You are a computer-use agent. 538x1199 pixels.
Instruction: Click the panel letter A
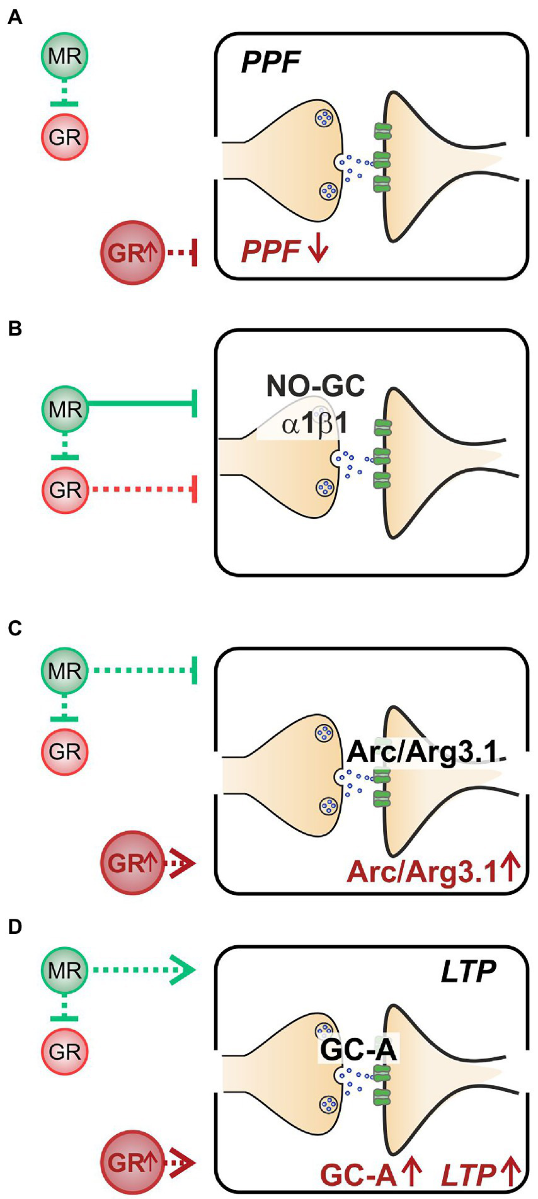pyautogui.click(x=14, y=18)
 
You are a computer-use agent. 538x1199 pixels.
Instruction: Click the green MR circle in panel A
pyautogui.click(x=65, y=57)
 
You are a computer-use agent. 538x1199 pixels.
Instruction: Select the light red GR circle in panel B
pyautogui.click(x=65, y=489)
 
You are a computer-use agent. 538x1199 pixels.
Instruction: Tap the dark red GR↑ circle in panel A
pyautogui.click(x=132, y=253)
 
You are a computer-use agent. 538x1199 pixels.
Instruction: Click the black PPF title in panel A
pyautogui.click(x=270, y=63)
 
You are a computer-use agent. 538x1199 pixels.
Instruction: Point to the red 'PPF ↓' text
pyautogui.click(x=284, y=251)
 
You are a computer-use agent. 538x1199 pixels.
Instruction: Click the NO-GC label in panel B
pyautogui.click(x=315, y=386)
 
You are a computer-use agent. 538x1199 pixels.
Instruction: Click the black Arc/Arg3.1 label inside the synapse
pyautogui.click(x=422, y=751)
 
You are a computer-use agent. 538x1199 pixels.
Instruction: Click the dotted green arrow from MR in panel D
pyautogui.click(x=142, y=970)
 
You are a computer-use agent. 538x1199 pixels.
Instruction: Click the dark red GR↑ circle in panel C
pyautogui.click(x=132, y=863)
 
